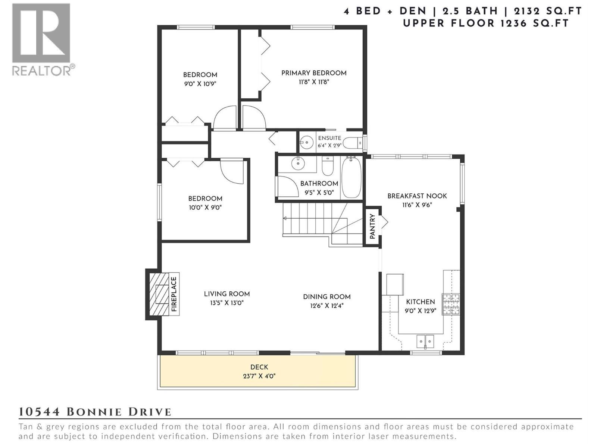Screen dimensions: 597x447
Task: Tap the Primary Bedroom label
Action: pyautogui.click(x=314, y=73)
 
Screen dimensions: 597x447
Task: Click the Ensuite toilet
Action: pyautogui.click(x=353, y=143)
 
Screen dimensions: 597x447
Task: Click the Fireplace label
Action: pyautogui.click(x=174, y=294)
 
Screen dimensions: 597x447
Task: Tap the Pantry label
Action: pyautogui.click(x=372, y=226)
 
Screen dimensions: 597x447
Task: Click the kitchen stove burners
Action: pyautogui.click(x=451, y=304)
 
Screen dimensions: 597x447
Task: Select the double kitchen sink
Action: pyautogui.click(x=425, y=341)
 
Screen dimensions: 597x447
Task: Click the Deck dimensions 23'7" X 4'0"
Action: pyautogui.click(x=259, y=377)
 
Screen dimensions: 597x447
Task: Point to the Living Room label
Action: pyautogui.click(x=227, y=294)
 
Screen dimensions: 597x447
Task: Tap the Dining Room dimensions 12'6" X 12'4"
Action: pyautogui.click(x=326, y=306)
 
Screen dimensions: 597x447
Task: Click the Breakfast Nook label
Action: pyautogui.click(x=417, y=196)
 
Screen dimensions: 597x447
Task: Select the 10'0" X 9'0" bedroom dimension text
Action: pyautogui.click(x=205, y=207)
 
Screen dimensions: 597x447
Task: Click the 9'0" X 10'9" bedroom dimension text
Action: pyautogui.click(x=200, y=84)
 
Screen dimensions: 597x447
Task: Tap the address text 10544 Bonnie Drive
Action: pyautogui.click(x=95, y=412)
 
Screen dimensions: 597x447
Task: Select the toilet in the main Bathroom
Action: pyautogui.click(x=328, y=166)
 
